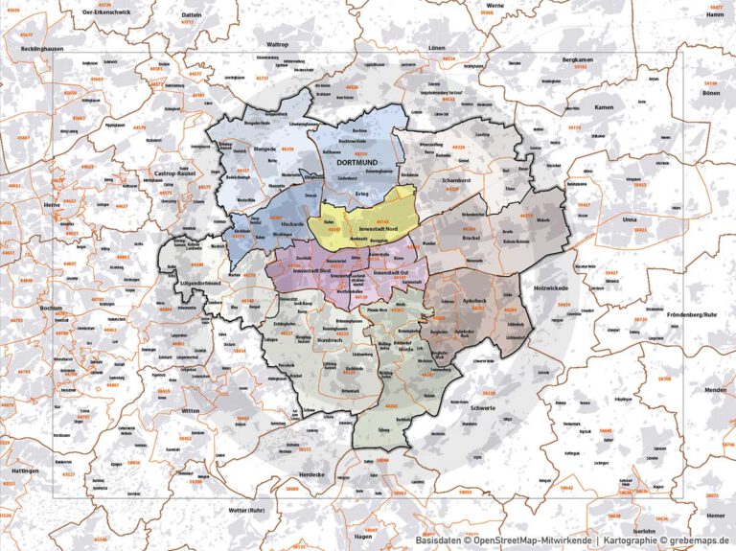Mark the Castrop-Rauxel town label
point(171,174)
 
